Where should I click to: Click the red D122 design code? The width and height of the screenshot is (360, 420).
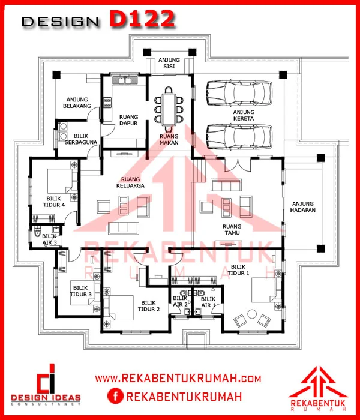click(x=142, y=19)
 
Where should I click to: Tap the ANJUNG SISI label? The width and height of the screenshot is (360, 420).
click(x=169, y=63)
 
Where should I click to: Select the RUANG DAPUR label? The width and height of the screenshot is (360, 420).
click(x=128, y=120)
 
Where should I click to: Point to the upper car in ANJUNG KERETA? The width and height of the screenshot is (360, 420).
click(x=239, y=93)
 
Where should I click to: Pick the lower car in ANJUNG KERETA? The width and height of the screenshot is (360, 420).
click(x=239, y=137)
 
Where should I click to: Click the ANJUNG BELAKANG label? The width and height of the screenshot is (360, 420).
click(x=77, y=103)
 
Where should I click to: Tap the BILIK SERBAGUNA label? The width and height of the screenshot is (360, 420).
click(x=80, y=139)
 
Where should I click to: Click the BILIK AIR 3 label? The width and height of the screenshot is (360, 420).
click(x=50, y=239)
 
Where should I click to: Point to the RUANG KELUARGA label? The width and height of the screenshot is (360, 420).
click(x=130, y=182)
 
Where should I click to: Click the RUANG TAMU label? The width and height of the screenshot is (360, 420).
click(x=232, y=230)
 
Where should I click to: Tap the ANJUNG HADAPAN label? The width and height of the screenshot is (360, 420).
click(x=302, y=207)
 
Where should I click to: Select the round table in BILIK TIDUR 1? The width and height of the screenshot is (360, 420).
click(x=252, y=314)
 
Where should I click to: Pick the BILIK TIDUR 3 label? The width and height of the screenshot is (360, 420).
click(x=80, y=291)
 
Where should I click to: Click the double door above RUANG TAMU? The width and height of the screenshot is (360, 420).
click(x=238, y=165)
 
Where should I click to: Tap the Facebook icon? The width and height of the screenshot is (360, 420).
click(x=115, y=396)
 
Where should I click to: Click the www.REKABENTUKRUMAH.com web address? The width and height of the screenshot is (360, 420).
click(x=178, y=379)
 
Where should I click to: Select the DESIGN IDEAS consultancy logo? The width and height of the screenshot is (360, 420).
click(x=46, y=385)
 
